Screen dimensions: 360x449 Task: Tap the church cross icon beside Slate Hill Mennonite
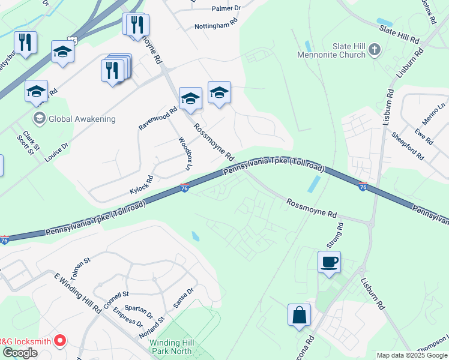(375, 49)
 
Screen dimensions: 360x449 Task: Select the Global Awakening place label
(82, 119)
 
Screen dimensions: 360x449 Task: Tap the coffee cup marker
(329, 262)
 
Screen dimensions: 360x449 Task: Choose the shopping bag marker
(299, 315)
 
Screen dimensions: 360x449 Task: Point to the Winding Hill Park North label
(170, 347)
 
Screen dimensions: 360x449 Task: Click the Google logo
(20, 352)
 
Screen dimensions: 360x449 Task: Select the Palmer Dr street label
(226, 8)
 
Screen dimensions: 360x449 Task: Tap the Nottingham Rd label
(216, 26)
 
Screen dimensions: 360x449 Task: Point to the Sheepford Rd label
(408, 146)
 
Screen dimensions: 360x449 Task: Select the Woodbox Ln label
(184, 154)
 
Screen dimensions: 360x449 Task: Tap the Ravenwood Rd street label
(158, 118)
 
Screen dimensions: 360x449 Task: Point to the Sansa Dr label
(183, 297)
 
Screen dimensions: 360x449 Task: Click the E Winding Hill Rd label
(77, 293)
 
